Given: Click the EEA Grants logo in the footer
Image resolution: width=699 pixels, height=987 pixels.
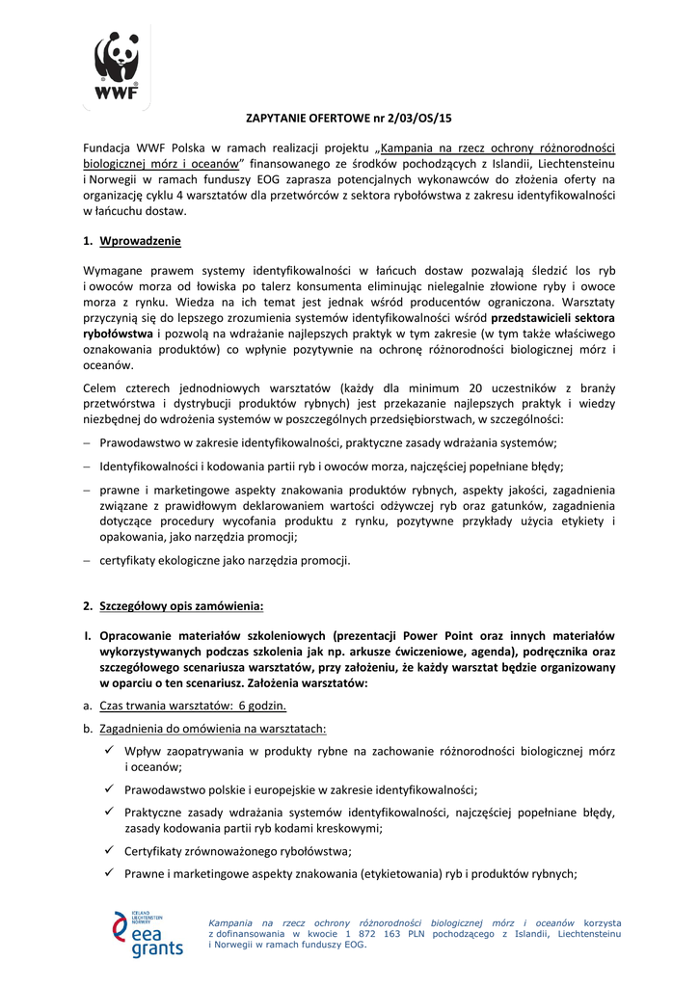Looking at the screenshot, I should [x=148, y=934].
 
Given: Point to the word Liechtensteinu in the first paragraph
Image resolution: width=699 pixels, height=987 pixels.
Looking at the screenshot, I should [x=578, y=164].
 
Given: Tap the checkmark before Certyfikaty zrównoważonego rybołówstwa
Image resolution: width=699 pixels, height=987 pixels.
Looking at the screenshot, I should [x=110, y=850].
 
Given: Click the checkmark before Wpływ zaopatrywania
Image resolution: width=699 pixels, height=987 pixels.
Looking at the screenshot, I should [x=110, y=750].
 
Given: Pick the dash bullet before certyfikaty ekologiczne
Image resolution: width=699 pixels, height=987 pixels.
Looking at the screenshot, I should [x=87, y=560].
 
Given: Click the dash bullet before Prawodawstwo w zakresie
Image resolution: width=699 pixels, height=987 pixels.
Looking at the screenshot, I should [x=87, y=442].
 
